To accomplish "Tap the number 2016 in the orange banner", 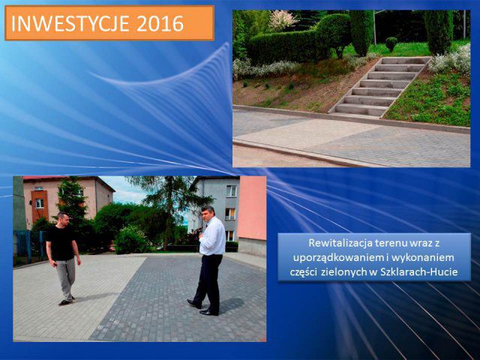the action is [x=160, y=23].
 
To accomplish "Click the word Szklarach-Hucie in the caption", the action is [x=419, y=271].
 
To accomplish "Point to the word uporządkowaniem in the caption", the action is [x=331, y=258].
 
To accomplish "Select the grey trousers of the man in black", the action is [x=65, y=278].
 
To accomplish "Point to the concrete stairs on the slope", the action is [x=379, y=86].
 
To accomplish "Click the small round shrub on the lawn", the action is [x=391, y=43].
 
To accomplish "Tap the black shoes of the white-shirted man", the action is [x=202, y=308].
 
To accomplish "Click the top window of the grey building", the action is [x=232, y=191].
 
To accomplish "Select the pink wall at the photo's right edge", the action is [x=252, y=208].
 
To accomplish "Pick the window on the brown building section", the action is [x=40, y=203].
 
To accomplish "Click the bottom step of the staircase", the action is [x=359, y=110].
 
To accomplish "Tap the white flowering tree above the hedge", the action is [x=281, y=20].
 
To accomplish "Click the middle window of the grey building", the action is [x=230, y=214].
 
